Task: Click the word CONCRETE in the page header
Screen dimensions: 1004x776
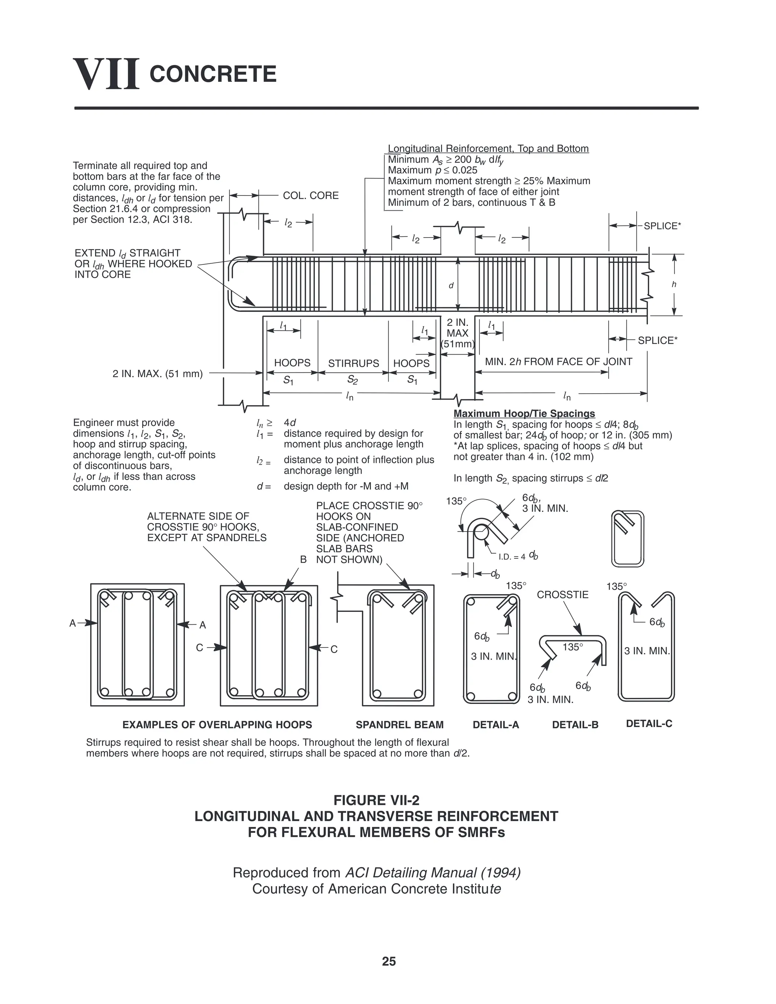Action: click(x=213, y=74)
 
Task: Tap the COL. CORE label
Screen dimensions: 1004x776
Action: click(x=311, y=195)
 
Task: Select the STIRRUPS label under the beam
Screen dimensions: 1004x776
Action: click(x=354, y=363)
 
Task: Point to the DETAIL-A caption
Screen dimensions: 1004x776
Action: click(x=496, y=725)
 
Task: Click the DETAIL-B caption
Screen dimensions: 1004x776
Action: click(x=575, y=725)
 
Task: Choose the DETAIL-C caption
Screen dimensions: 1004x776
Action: click(x=649, y=724)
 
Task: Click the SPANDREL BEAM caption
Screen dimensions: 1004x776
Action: click(x=399, y=725)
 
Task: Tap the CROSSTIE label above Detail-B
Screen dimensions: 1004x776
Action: click(x=563, y=595)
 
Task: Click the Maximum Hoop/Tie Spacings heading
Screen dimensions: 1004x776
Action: click(x=524, y=413)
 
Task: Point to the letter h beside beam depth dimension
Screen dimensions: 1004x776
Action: click(x=674, y=285)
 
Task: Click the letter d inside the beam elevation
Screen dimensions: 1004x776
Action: click(x=451, y=286)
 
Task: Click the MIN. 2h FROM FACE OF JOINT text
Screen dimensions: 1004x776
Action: click(x=559, y=361)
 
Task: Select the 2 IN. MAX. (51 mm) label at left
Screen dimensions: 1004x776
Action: click(x=157, y=373)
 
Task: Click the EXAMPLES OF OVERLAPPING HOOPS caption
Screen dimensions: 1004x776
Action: click(x=217, y=725)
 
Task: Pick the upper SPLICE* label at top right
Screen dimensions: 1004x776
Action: click(x=662, y=226)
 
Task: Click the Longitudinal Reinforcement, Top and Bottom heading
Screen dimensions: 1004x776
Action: click(x=488, y=149)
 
